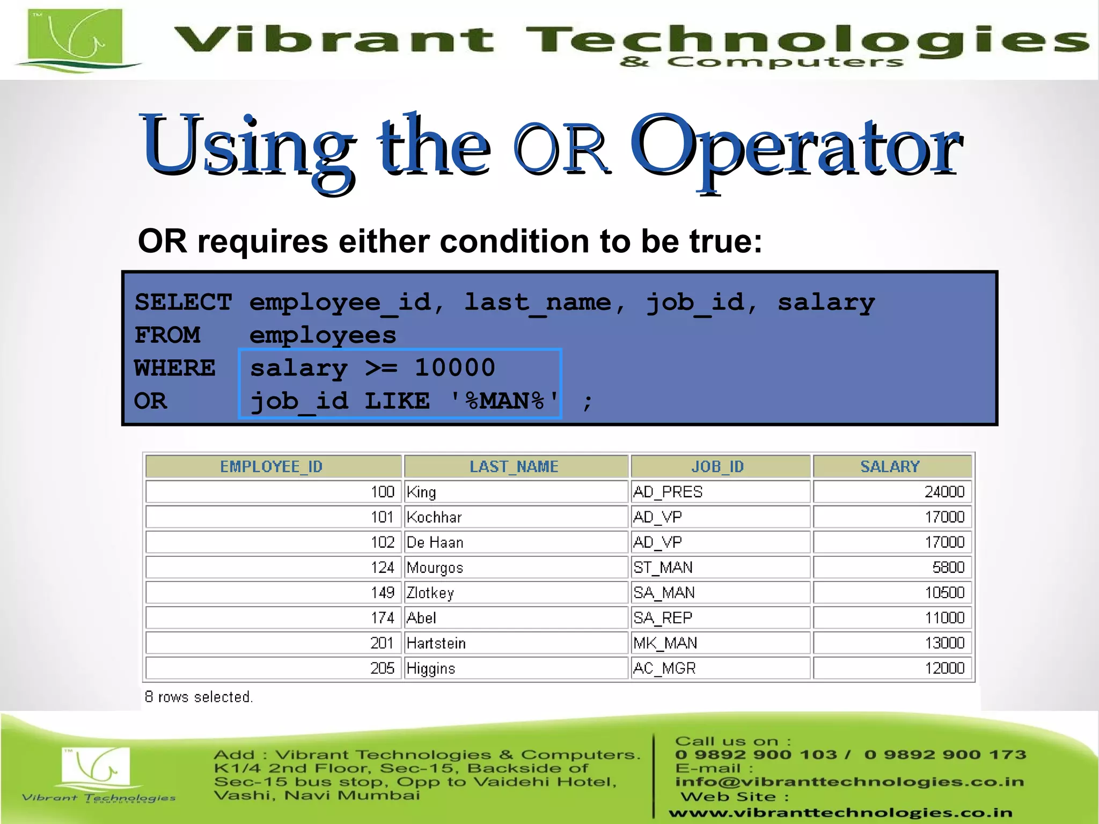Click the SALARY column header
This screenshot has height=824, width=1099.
pos(891,466)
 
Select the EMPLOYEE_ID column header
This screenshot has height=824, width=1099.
pos(272,466)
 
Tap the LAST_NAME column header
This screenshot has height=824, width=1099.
pos(515,466)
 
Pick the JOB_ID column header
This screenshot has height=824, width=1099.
pos(719,466)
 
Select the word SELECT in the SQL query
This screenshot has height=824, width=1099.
pos(183,303)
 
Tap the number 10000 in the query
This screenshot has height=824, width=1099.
pos(455,368)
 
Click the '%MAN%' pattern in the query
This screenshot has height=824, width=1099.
pos(505,401)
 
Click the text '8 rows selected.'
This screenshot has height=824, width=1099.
pos(199,697)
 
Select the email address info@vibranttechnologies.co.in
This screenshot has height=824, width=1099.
pos(849,782)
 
